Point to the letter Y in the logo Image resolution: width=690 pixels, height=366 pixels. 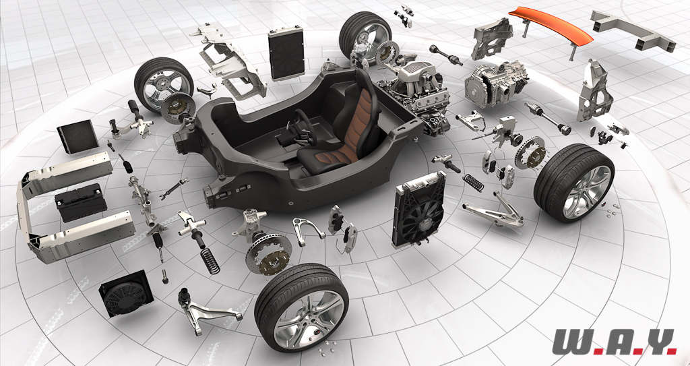[x=655, y=341]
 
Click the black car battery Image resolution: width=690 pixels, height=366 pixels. [x=81, y=203]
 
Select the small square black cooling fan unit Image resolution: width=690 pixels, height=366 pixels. [x=126, y=293]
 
